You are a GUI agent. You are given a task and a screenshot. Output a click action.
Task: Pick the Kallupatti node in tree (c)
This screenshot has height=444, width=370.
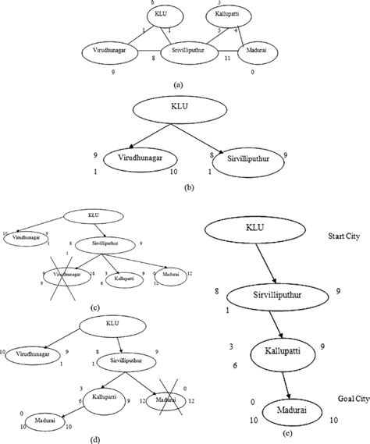coord(123,276)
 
